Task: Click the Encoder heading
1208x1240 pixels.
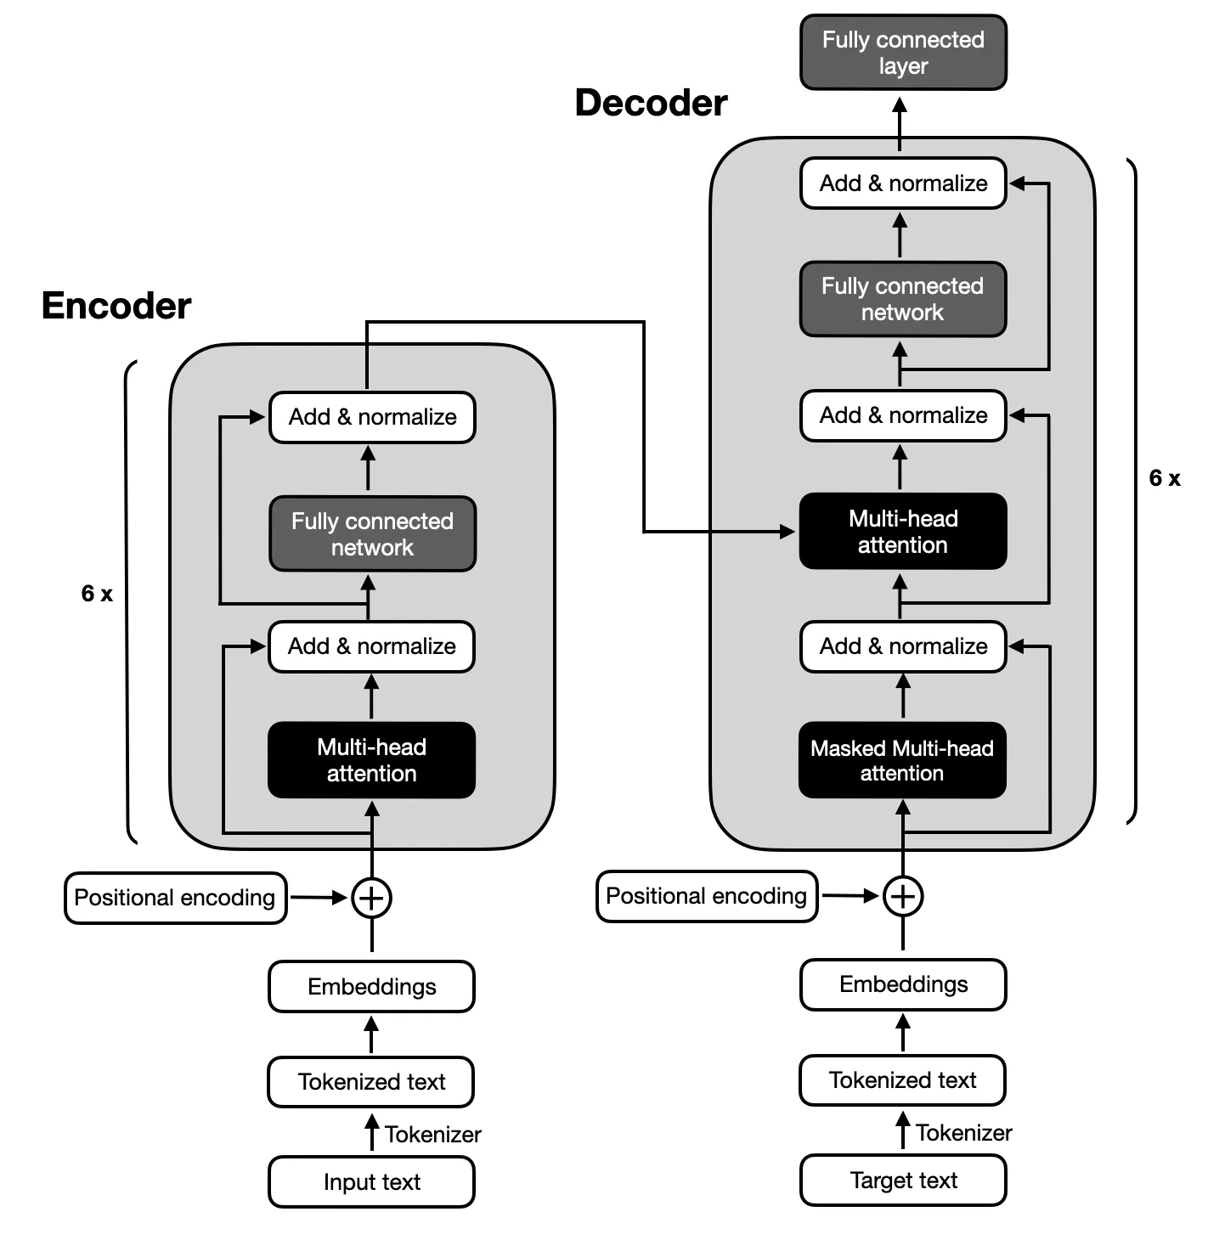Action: click(x=116, y=306)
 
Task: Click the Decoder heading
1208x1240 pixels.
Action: click(x=651, y=103)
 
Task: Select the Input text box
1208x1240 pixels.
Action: click(x=371, y=1181)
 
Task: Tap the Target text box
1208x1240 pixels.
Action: click(x=903, y=1180)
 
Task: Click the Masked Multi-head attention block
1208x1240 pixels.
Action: click(x=902, y=760)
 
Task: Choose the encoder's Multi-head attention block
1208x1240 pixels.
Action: click(x=371, y=760)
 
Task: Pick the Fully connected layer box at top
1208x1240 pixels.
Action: click(x=903, y=53)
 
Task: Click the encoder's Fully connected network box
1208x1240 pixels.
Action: click(x=372, y=534)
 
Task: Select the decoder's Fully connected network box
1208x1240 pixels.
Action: click(x=902, y=299)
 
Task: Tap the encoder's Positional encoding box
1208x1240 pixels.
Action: click(x=175, y=898)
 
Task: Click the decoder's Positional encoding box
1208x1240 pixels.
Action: click(x=706, y=896)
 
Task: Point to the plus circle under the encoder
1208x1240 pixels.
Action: click(x=371, y=898)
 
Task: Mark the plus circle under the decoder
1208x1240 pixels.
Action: click(x=903, y=896)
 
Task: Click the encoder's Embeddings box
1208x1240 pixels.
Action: click(x=371, y=986)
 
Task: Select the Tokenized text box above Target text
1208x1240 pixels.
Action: click(x=902, y=1080)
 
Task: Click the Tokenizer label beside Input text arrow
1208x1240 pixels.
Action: click(x=432, y=1135)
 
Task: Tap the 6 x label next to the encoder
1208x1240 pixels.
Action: click(x=97, y=594)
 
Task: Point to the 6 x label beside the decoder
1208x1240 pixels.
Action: click(x=1165, y=478)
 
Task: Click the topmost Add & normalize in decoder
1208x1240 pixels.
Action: click(x=903, y=183)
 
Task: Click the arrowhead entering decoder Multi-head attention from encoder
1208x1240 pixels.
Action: click(x=787, y=532)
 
